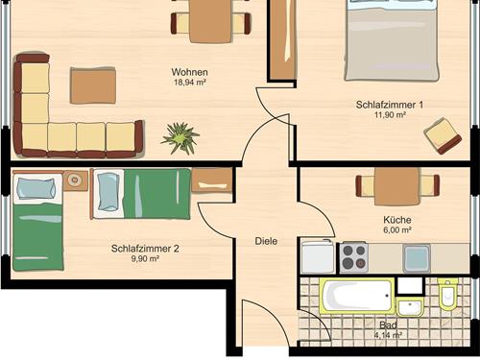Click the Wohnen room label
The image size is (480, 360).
click(x=189, y=72)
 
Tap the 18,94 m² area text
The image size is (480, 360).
click(x=189, y=83)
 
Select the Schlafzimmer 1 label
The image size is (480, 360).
click(x=390, y=105)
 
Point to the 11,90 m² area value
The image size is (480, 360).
click(x=390, y=114)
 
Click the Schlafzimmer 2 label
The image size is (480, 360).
click(x=145, y=249)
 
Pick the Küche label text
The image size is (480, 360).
click(x=397, y=220)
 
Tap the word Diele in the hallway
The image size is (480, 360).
click(x=266, y=241)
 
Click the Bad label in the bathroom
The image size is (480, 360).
click(x=388, y=325)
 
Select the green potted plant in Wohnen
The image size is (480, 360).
click(x=180, y=138)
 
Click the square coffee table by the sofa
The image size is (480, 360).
click(x=93, y=85)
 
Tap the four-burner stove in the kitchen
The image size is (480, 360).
click(x=353, y=257)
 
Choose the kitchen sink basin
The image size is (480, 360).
click(x=417, y=258)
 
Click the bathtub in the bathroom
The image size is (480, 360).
click(x=357, y=296)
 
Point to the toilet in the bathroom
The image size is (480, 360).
click(x=448, y=294)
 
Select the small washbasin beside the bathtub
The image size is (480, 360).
click(x=410, y=307)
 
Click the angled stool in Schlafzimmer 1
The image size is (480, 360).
click(x=443, y=136)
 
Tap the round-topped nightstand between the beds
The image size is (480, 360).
click(x=75, y=180)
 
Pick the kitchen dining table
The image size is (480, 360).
click(x=397, y=186)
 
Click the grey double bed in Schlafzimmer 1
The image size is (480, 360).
click(x=392, y=40)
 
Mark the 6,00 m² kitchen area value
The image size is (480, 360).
click(x=397, y=229)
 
